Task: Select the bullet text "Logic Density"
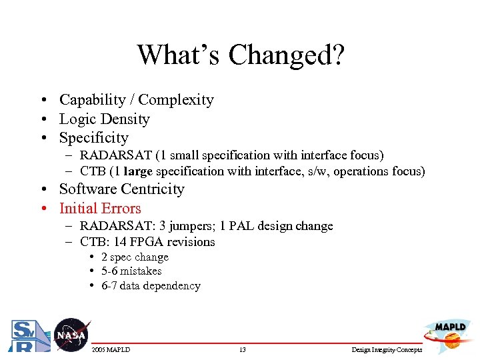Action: [104, 119]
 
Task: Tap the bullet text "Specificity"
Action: [93, 138]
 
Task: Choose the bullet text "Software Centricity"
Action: [121, 189]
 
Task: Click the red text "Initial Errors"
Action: [100, 209]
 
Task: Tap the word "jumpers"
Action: [193, 226]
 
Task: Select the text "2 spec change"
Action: [135, 257]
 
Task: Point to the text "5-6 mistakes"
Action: [131, 271]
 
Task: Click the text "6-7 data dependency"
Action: [151, 286]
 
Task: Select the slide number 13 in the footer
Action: [242, 350]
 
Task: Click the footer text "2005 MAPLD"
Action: [110, 350]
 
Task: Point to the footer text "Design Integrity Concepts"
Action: [387, 350]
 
